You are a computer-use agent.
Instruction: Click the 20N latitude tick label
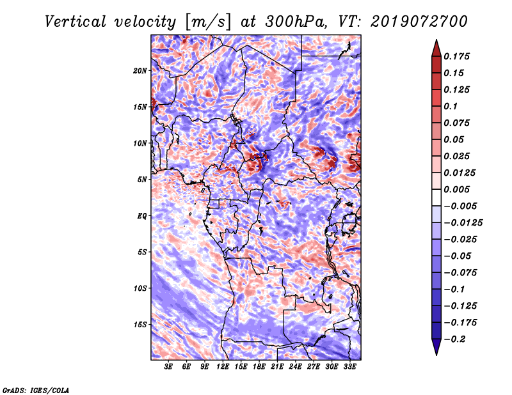(x=140, y=70)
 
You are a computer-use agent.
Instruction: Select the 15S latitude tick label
(x=140, y=325)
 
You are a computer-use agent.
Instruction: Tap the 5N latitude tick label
(x=142, y=180)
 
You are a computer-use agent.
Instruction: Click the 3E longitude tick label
(x=169, y=368)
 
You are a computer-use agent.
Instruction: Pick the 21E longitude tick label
(x=277, y=368)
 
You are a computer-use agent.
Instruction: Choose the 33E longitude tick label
(x=349, y=368)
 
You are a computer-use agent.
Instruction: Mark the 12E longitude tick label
(x=223, y=368)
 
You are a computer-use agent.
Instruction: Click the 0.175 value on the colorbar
(x=457, y=56)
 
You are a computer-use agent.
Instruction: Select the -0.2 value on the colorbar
(x=457, y=339)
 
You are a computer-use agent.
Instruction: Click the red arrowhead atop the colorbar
(x=435, y=47)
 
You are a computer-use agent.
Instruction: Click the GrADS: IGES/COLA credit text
(x=35, y=389)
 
